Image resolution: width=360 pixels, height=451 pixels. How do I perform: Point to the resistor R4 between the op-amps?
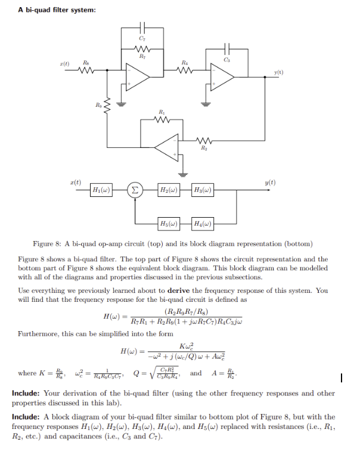click(x=187, y=70)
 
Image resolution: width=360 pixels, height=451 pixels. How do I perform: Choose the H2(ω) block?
click(x=169, y=190)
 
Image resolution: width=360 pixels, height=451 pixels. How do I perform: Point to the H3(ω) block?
click(x=203, y=190)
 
